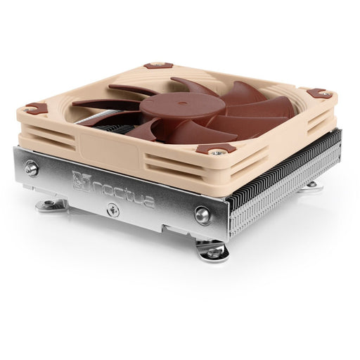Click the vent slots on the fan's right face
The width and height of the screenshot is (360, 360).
coord(281,127)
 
